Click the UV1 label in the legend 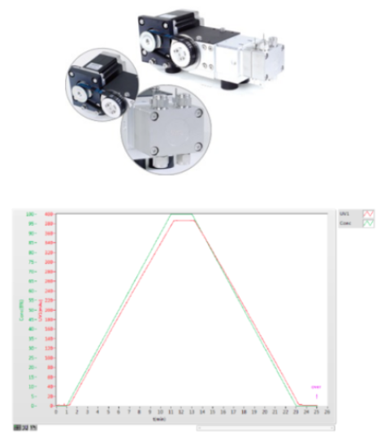[x=344, y=213]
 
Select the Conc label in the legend [x=344, y=220]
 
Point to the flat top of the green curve [x=181, y=214]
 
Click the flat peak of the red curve [x=182, y=221]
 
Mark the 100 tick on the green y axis [x=30, y=214]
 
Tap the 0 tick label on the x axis [x=55, y=412]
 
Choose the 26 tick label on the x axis [x=326, y=412]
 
